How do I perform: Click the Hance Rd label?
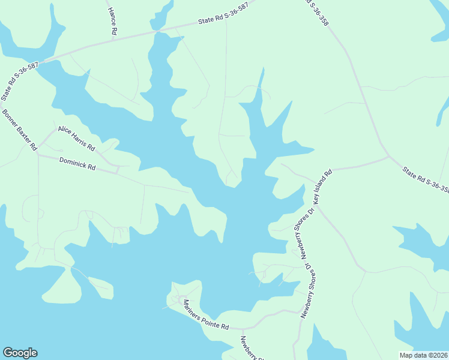click(x=112, y=19)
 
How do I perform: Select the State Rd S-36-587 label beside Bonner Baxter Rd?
click(x=10, y=83)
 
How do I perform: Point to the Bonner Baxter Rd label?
click(x=20, y=130)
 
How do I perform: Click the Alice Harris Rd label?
click(x=76, y=138)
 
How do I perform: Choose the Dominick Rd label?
click(x=77, y=164)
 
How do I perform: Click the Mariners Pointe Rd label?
click(x=206, y=314)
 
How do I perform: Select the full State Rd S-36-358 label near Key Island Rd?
click(x=426, y=179)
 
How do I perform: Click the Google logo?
click(x=20, y=353)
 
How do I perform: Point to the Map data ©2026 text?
click(x=423, y=355)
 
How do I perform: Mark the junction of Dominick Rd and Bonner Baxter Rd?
click(x=38, y=154)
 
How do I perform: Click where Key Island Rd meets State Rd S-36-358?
click(x=389, y=157)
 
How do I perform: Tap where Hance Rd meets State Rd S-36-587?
click(x=113, y=37)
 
